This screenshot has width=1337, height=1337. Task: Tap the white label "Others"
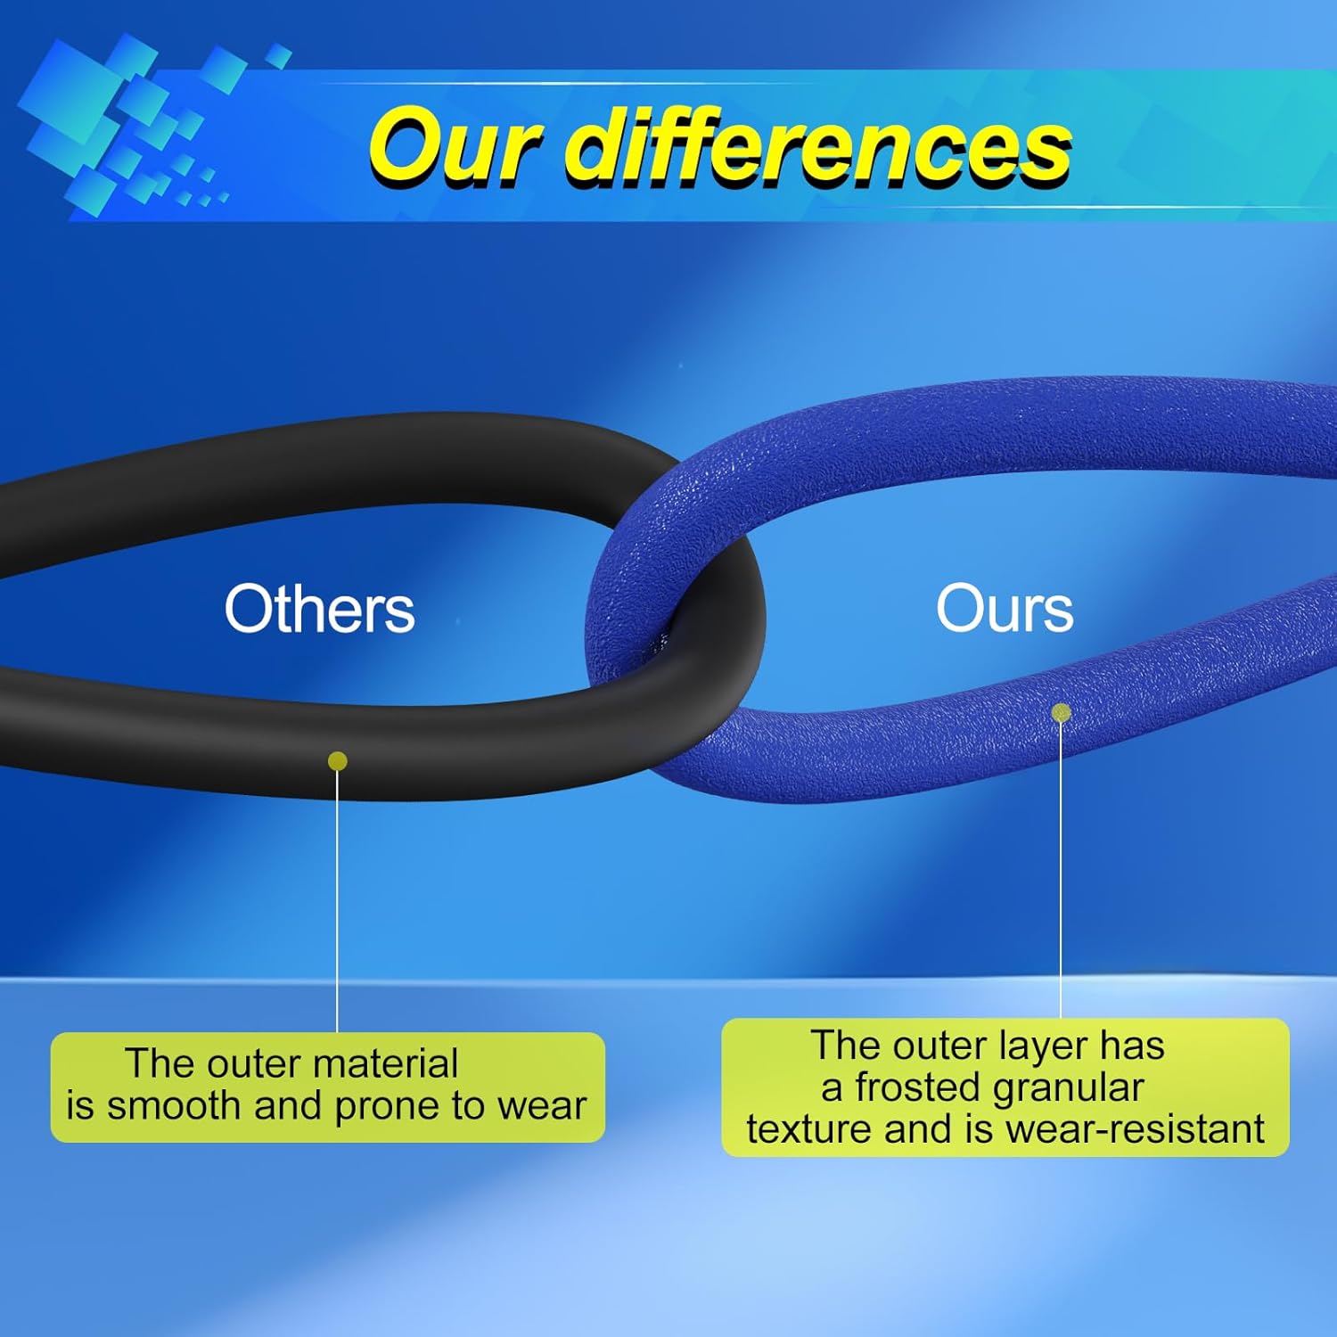tap(319, 610)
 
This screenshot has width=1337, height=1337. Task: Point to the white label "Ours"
tap(1005, 610)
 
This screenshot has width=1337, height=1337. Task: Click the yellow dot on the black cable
tap(338, 760)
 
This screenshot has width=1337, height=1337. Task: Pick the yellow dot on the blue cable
tap(1061, 712)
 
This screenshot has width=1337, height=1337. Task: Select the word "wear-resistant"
tap(1135, 1129)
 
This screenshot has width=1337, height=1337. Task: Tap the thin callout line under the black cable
tap(338, 900)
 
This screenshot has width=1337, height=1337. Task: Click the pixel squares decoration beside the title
tap(134, 125)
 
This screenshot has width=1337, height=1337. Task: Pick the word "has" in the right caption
tap(1132, 1046)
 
